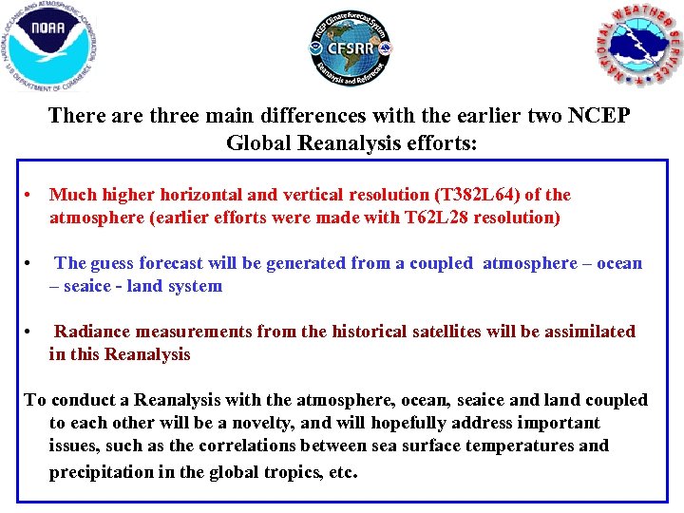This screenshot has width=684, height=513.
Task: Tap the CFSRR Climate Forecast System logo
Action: click(350, 48)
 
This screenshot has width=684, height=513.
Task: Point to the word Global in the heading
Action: click(261, 142)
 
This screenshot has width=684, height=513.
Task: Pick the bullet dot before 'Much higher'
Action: click(30, 195)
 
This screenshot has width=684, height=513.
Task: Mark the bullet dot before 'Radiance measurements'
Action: click(30, 332)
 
